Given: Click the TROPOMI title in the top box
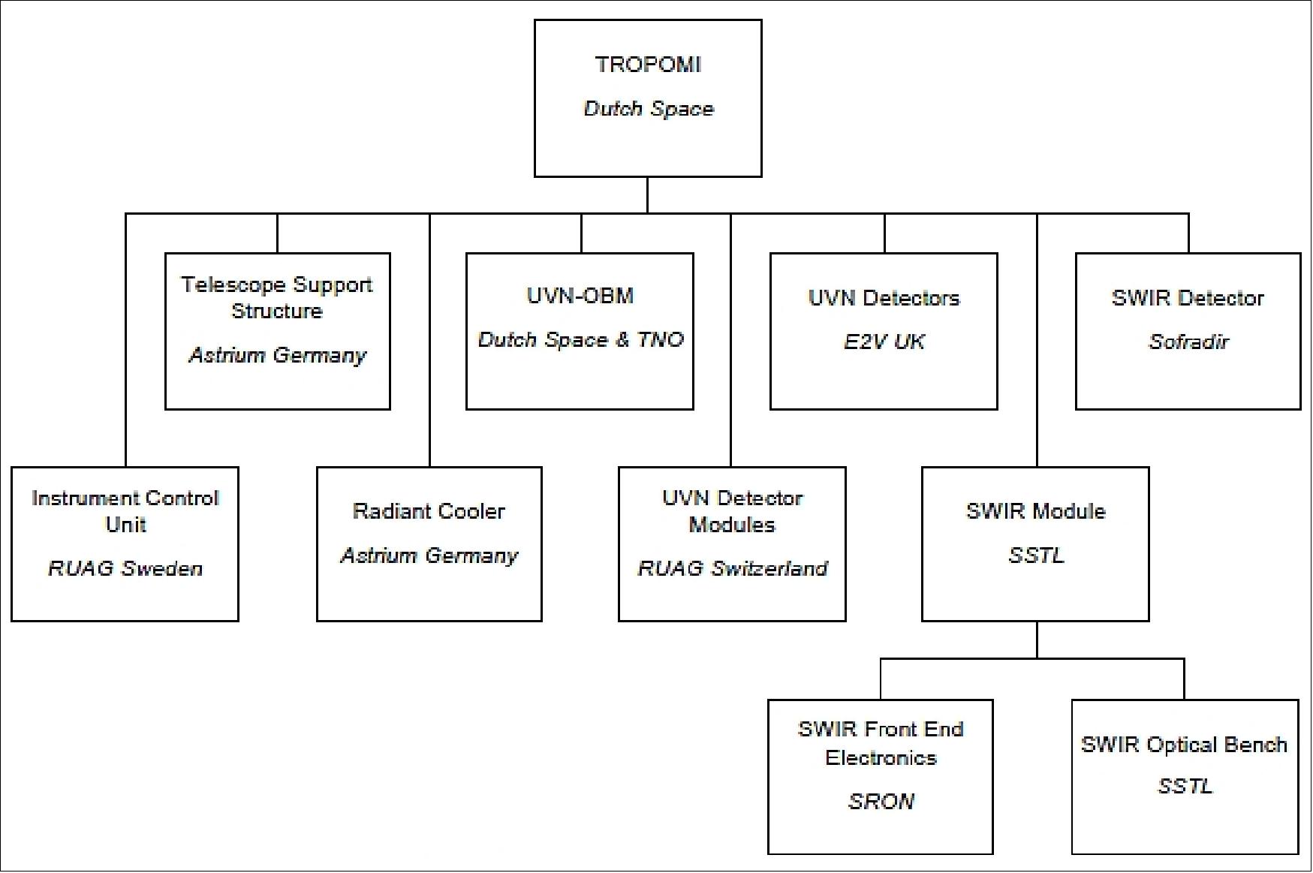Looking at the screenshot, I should tap(648, 65).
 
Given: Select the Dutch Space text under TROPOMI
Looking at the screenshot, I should tap(648, 109).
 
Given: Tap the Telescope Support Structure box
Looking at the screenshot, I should tap(277, 331).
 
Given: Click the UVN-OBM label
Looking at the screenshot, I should tap(580, 296).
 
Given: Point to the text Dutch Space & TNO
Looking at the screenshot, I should tap(580, 340).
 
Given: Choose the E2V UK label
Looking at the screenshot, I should tap(884, 342).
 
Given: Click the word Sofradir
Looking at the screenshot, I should tap(1188, 342).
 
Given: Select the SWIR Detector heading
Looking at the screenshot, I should tap(1188, 298).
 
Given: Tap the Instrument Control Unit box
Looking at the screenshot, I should tap(125, 544).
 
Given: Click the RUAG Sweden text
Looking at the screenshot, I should tap(125, 568).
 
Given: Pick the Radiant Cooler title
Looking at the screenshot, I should tap(429, 511).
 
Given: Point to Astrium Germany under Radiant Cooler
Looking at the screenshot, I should tap(429, 555).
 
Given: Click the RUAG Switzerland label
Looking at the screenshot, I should tap(732, 568).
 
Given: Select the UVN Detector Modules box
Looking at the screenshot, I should tap(732, 544).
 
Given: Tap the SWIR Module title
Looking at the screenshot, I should tap(1035, 511).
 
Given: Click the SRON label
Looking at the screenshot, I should tap(881, 802).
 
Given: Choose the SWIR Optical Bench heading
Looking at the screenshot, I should tap(1184, 745).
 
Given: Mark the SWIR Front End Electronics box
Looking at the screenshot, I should tap(881, 777).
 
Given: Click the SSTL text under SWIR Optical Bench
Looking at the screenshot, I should tap(1184, 787).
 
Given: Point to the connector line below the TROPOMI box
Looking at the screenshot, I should tap(647, 195).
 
